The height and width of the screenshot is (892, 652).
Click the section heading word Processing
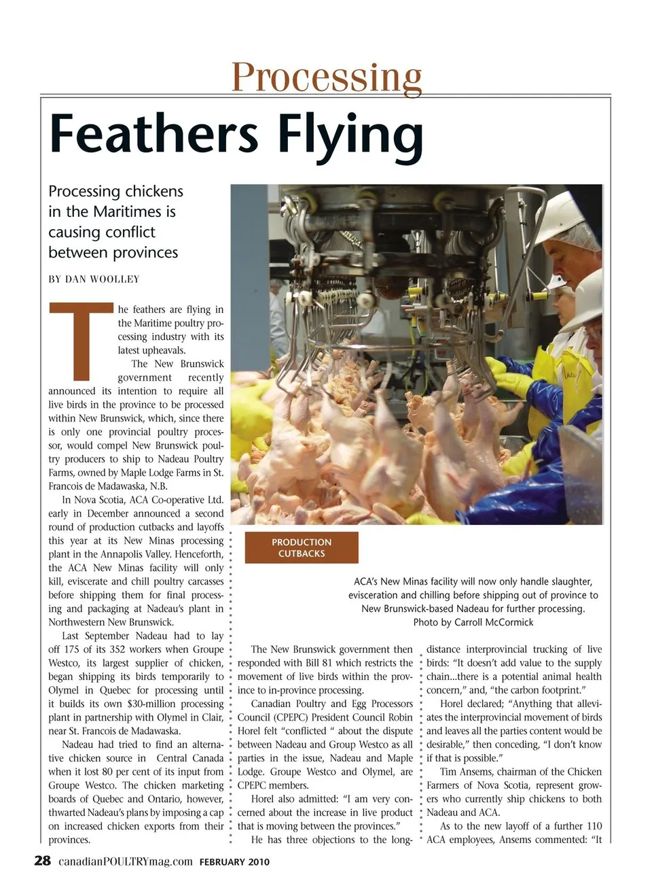coord(327,76)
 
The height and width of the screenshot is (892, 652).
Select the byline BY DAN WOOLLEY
coord(94,279)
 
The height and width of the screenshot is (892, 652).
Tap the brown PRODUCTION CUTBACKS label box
coord(302,548)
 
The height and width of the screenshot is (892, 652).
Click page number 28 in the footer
coord(42,861)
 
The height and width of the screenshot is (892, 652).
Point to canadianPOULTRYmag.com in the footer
coord(126,861)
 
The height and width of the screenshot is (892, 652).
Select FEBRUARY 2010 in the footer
coord(234,862)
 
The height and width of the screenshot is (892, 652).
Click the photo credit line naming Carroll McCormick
coord(473,622)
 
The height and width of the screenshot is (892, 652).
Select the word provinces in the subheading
coord(145,252)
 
